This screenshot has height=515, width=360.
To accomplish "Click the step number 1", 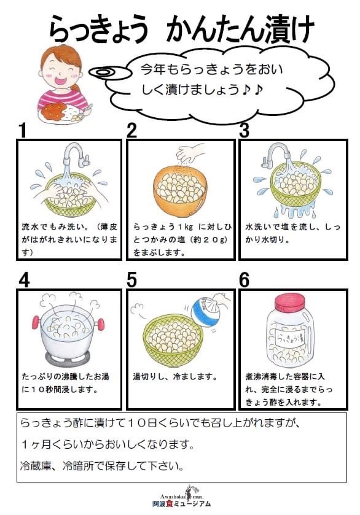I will (23, 131).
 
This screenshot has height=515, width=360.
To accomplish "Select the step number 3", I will (244, 131).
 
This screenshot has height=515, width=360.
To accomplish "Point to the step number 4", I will (24, 280).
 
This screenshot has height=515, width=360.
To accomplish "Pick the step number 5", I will (131, 280).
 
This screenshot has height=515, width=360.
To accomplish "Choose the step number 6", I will (244, 280).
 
